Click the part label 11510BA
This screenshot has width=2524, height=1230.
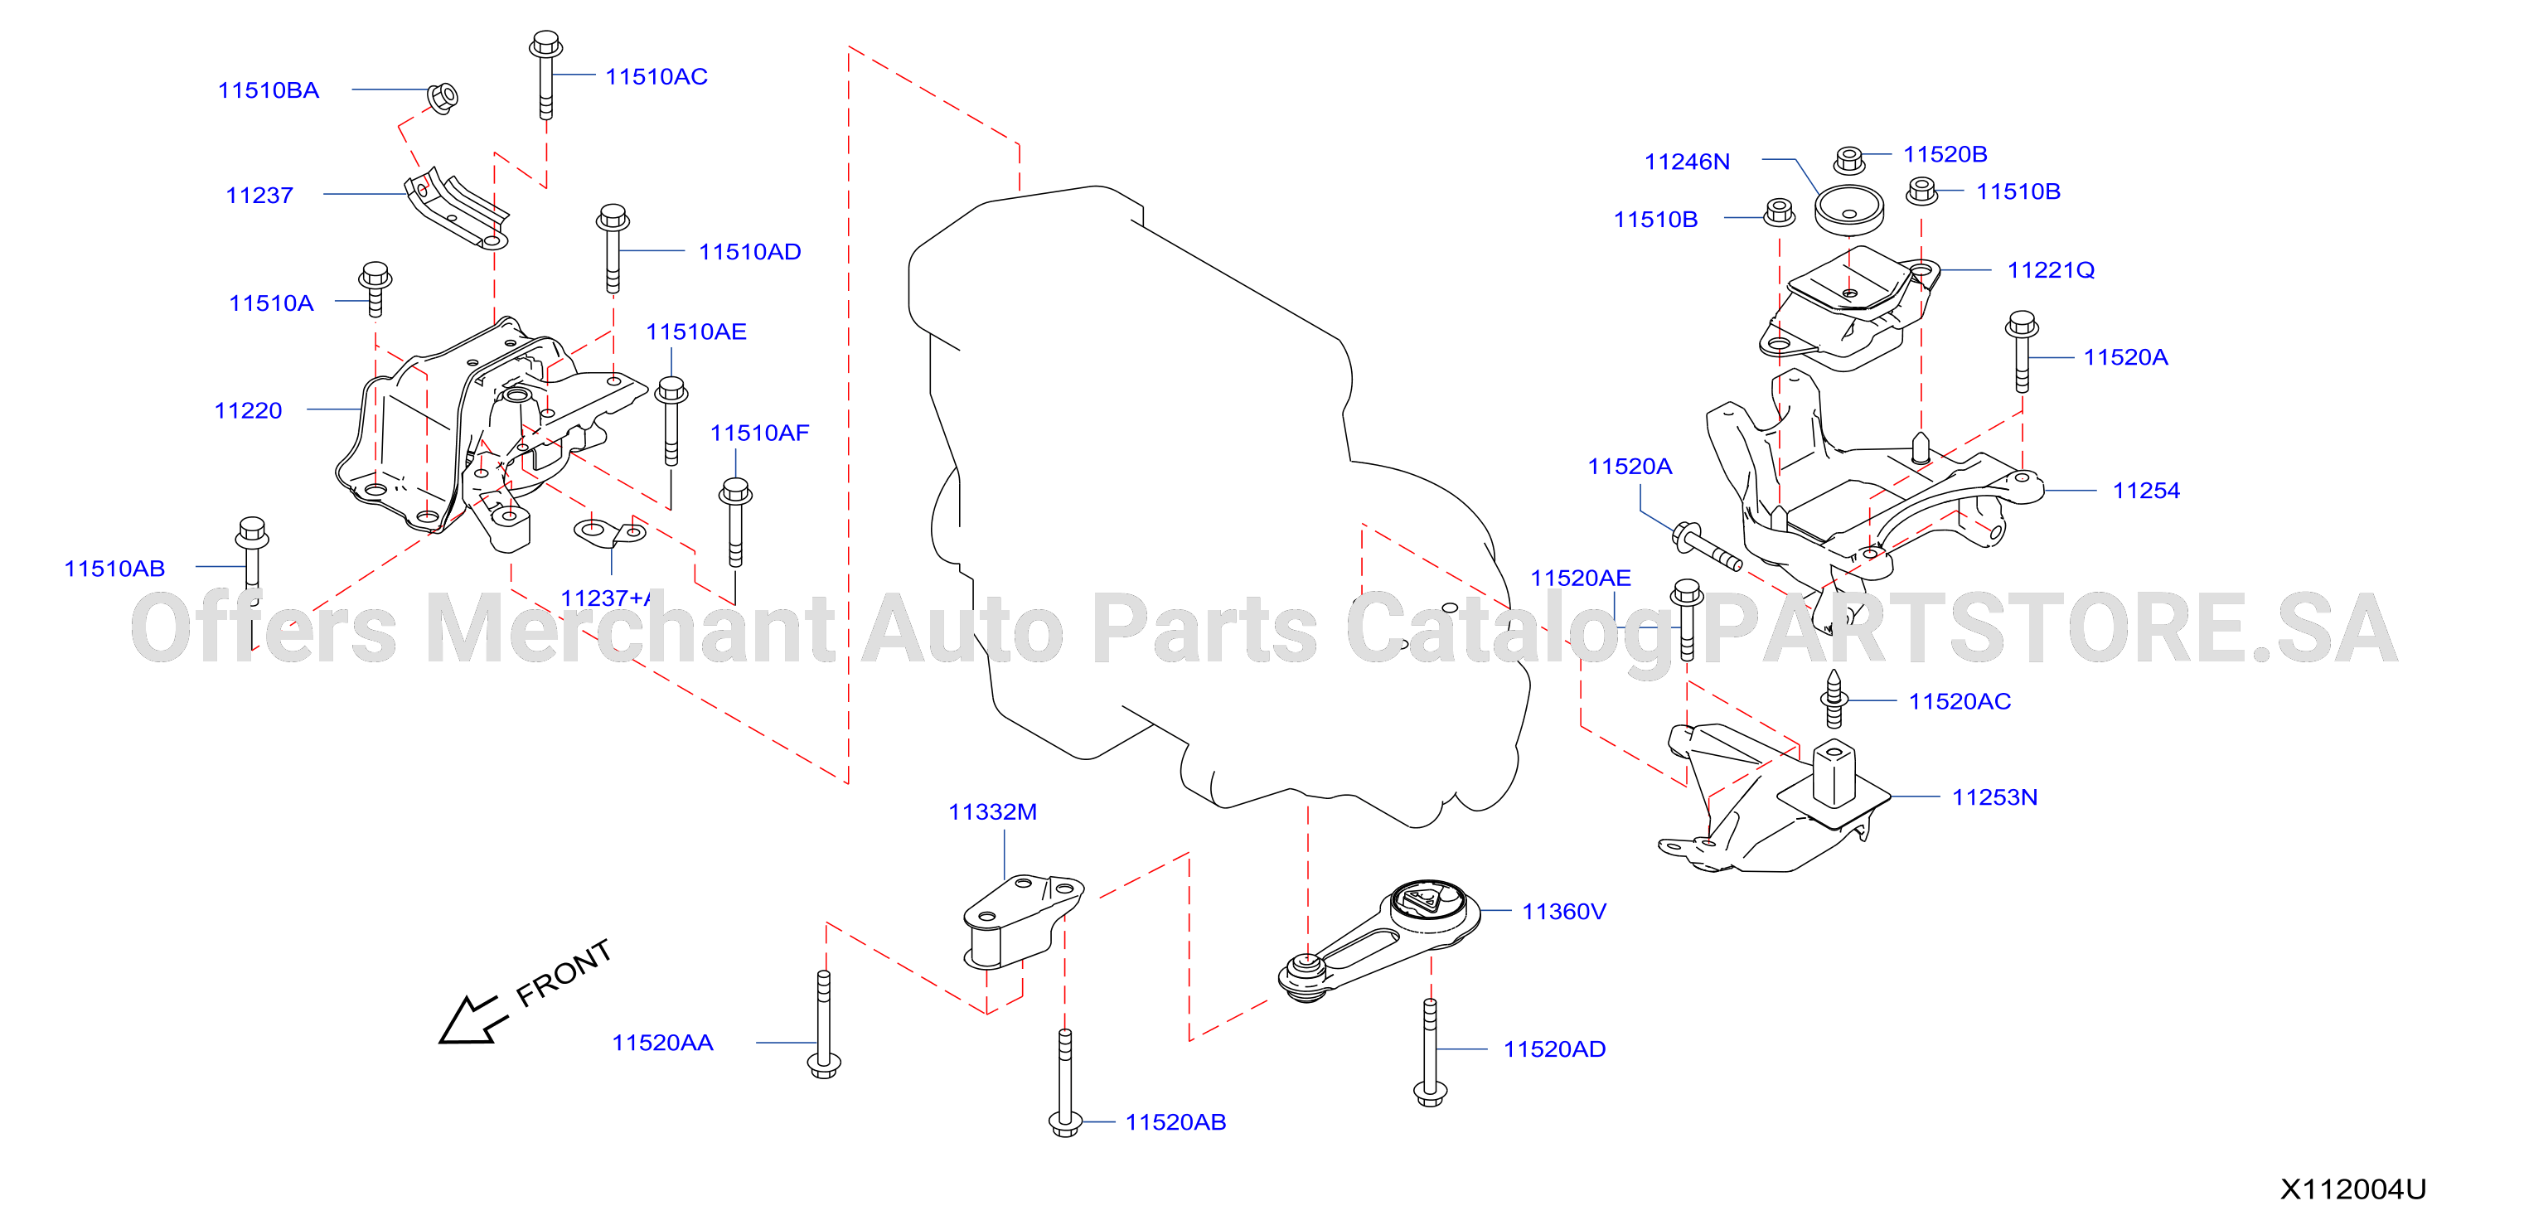coord(269,90)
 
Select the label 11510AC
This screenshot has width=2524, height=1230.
coord(656,76)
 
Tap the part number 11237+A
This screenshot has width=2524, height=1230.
coord(606,598)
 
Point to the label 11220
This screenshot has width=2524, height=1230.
coord(248,410)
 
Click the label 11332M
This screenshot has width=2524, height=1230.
coord(992,811)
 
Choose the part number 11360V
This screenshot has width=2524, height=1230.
coord(1564,912)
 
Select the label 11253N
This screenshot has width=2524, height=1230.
coord(1995,797)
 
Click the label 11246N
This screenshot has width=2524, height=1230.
coord(1688,162)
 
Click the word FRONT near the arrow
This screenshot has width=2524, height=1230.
coord(564,972)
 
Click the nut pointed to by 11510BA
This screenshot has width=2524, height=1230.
coord(443,97)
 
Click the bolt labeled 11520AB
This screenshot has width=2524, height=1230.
coord(1065,1083)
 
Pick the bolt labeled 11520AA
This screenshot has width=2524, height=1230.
coord(824,1024)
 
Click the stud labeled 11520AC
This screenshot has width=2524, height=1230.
coord(1834,699)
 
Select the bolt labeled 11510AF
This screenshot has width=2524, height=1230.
coord(735,522)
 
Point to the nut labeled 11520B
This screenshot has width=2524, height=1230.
coord(1849,160)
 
